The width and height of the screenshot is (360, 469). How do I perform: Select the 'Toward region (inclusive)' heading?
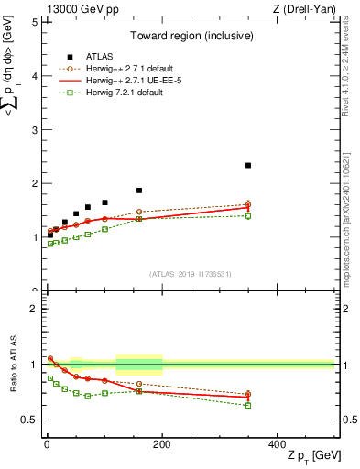click(190, 36)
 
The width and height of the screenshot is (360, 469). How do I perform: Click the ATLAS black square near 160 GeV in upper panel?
click(139, 191)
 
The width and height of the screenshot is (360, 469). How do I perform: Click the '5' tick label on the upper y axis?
click(34, 22)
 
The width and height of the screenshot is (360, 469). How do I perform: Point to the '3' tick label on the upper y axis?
click(34, 130)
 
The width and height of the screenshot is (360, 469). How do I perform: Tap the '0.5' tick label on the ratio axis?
click(29, 420)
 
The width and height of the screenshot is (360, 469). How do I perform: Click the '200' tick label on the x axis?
click(162, 443)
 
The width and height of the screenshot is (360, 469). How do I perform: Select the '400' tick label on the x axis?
click(278, 443)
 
